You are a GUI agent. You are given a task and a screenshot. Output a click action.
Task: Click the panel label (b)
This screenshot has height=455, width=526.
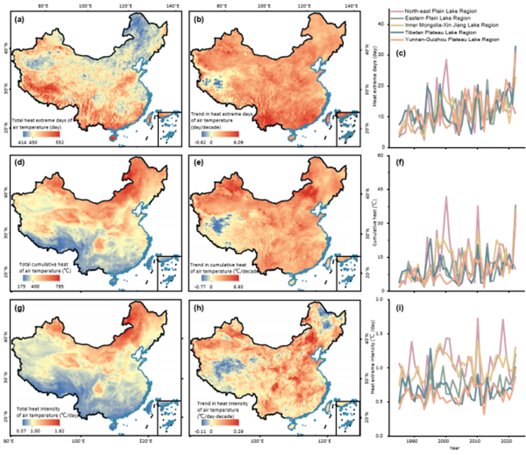point(199,20)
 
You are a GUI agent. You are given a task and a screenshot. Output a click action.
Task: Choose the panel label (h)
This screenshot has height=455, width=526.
point(199,308)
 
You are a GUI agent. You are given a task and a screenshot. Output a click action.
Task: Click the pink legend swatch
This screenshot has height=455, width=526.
point(397,11)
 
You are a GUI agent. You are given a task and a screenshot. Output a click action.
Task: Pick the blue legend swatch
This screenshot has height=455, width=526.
point(397,32)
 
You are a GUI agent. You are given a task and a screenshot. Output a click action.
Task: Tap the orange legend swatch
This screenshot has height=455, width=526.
point(397,39)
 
